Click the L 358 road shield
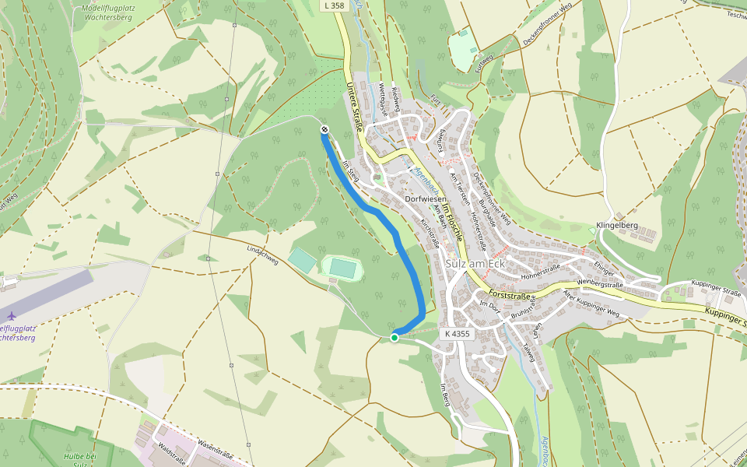tap(333, 5)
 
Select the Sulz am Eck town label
tap(476, 264)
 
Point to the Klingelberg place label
tap(616, 226)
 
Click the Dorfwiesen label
tap(426, 199)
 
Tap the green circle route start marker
tap(395, 337)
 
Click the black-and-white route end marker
tap(324, 129)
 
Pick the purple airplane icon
tap(11, 315)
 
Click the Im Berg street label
tap(445, 395)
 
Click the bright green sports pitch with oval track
tap(342, 269)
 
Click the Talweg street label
tap(530, 353)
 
